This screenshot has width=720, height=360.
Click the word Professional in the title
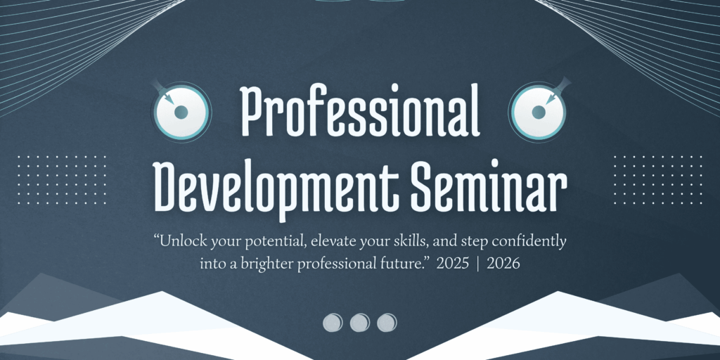[361, 110]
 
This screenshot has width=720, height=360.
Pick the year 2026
[503, 264]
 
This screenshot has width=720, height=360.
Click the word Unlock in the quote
[181, 241]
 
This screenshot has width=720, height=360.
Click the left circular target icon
[181, 111]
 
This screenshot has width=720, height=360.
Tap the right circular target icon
[539, 111]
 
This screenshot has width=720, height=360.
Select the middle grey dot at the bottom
[359, 323]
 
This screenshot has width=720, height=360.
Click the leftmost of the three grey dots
[333, 323]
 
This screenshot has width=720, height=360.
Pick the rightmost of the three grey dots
[387, 323]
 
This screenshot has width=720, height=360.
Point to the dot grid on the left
[62, 180]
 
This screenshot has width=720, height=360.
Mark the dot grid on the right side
[658, 180]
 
